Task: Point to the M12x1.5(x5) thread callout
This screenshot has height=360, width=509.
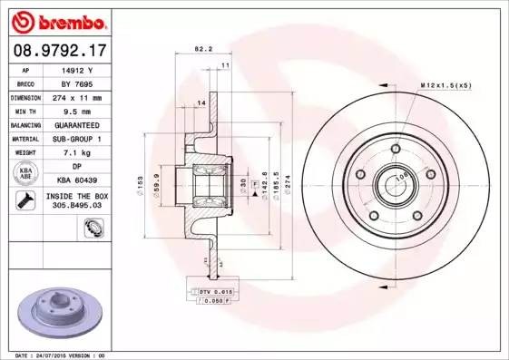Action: (447, 84)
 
